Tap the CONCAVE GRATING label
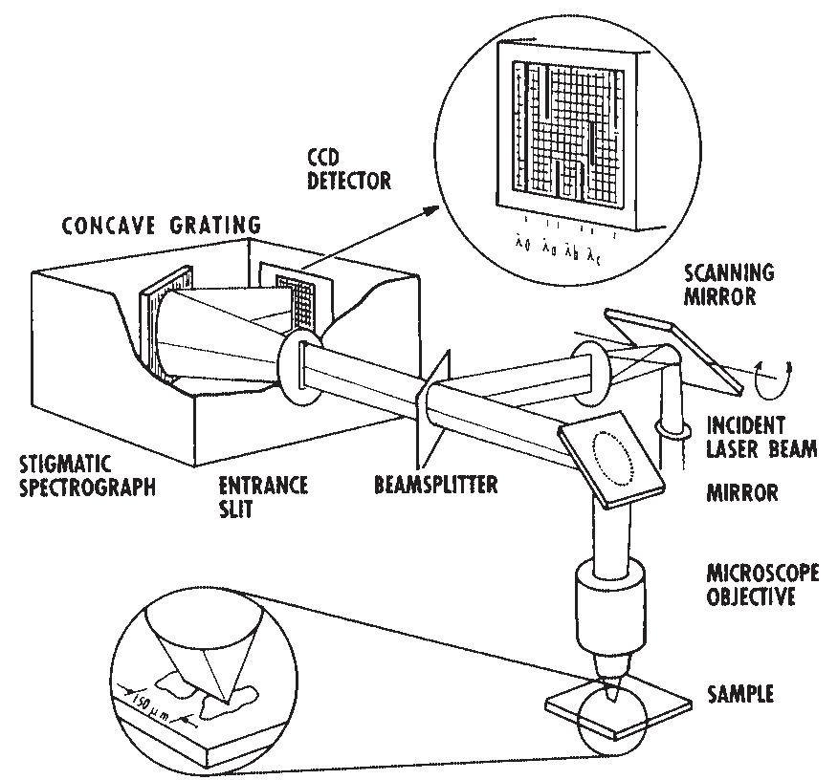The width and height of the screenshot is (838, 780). tap(161, 226)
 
